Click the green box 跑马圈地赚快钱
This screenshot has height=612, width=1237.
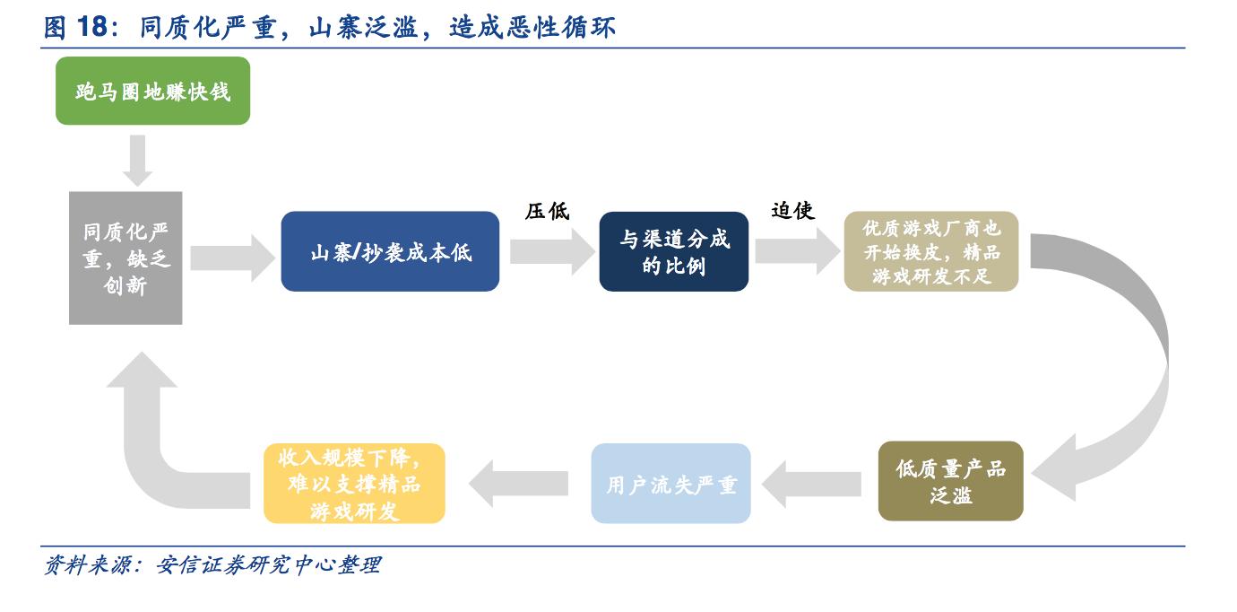[152, 91]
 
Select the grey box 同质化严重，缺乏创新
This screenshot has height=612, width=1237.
[125, 258]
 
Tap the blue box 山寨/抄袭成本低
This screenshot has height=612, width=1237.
[390, 251]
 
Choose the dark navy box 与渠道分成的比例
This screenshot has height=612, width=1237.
[673, 251]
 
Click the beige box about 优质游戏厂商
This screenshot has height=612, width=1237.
[931, 251]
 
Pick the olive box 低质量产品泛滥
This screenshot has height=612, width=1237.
[950, 481]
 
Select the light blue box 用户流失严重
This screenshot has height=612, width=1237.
[670, 484]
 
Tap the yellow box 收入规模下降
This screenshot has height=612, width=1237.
[354, 484]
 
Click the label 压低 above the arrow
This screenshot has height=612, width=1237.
[547, 212]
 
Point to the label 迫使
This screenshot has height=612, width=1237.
[792, 211]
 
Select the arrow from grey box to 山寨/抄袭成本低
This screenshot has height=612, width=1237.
[231, 257]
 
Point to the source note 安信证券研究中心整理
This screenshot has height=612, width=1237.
[268, 565]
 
